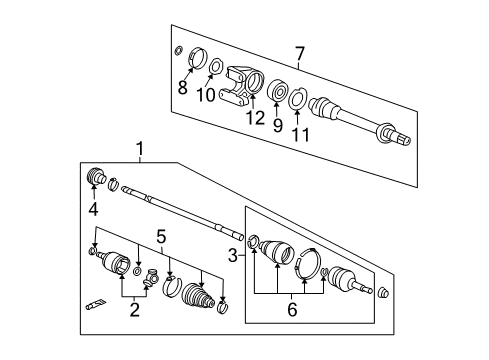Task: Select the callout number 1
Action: pyautogui.click(x=140, y=150)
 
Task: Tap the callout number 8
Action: pyautogui.click(x=182, y=88)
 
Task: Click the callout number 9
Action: pyautogui.click(x=272, y=124)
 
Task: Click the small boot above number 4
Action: pyautogui.click(x=97, y=177)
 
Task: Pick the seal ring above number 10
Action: pyautogui.click(x=213, y=68)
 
